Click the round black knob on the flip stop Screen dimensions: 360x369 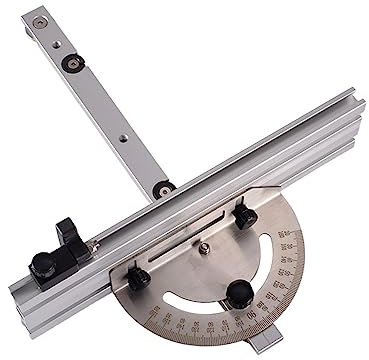point(42,264)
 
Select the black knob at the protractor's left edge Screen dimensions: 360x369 point(139,276)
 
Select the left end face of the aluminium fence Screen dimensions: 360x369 point(17,295)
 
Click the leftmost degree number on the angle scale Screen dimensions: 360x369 point(158,318)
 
